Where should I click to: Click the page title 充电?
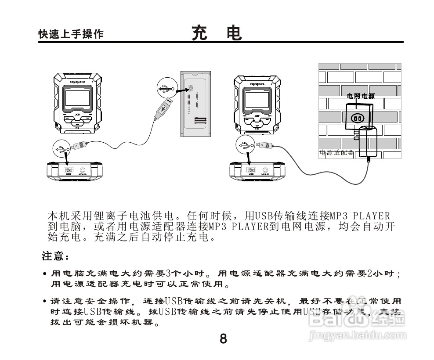(217, 33)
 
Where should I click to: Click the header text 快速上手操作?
(71, 34)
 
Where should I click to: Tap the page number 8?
(223, 339)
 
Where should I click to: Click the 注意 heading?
(55, 256)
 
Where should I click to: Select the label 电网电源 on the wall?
(361, 96)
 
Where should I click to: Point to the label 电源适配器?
(336, 153)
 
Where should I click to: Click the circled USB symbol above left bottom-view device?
(61, 148)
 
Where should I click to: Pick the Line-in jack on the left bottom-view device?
(82, 169)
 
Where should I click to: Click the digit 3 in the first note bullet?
(167, 274)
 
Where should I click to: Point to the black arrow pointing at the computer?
(181, 88)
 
